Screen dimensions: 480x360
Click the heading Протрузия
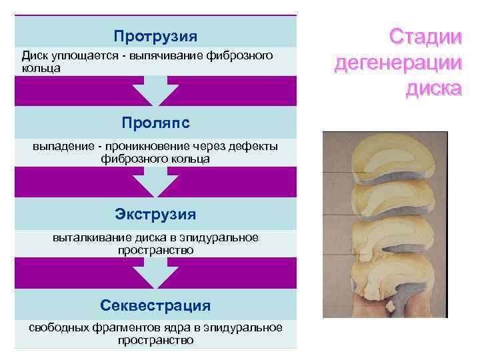tap(155, 35)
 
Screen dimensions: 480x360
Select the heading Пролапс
tap(155, 123)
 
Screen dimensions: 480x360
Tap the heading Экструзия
tap(155, 214)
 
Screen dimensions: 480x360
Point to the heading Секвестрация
tap(155, 305)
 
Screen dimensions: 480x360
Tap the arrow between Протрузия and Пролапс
tap(155, 91)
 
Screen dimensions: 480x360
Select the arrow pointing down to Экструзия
tap(155, 181)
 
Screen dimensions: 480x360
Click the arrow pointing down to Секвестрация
tap(155, 273)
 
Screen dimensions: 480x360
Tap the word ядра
tap(173, 328)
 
